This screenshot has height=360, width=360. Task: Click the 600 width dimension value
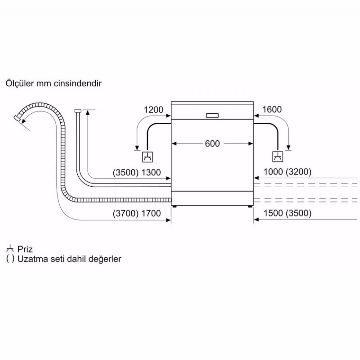[212, 144]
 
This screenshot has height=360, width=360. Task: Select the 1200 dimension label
[154, 110]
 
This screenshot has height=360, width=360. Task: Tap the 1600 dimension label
[272, 109]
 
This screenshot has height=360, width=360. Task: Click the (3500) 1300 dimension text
[137, 172]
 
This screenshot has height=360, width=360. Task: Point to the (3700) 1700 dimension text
[137, 213]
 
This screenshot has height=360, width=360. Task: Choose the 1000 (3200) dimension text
[287, 172]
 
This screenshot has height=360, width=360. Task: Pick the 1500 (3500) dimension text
[287, 213]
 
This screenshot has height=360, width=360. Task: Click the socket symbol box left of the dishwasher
[148, 157]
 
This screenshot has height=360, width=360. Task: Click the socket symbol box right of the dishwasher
[277, 157]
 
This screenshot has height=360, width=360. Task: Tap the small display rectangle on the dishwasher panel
[212, 115]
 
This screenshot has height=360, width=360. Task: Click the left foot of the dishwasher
[175, 207]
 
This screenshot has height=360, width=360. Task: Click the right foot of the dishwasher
[250, 207]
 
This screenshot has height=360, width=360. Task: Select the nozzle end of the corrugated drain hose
[17, 118]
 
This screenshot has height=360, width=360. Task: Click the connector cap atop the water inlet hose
[78, 111]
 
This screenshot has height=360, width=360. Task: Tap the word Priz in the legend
[25, 249]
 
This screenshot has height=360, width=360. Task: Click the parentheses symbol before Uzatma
[10, 259]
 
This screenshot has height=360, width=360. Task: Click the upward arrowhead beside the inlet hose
[88, 112]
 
